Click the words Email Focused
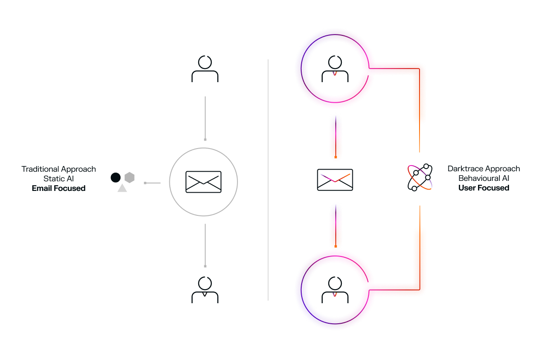coord(58,188)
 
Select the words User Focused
coord(484,188)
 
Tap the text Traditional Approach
coord(58,169)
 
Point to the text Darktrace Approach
coord(484,169)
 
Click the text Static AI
coord(58,179)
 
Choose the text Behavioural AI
coord(484,178)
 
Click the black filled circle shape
coord(115,177)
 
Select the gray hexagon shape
coord(129,177)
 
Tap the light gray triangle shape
coord(122,188)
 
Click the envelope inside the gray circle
coord(203,182)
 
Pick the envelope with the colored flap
coord(335,180)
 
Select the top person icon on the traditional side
coord(205,69)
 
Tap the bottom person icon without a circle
coord(205,290)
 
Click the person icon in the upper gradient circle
coord(335,69)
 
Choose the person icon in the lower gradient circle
coord(335,290)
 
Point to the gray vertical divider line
coord(268,180)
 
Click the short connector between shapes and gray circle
coord(153,183)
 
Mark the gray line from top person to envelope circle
coord(205,118)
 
